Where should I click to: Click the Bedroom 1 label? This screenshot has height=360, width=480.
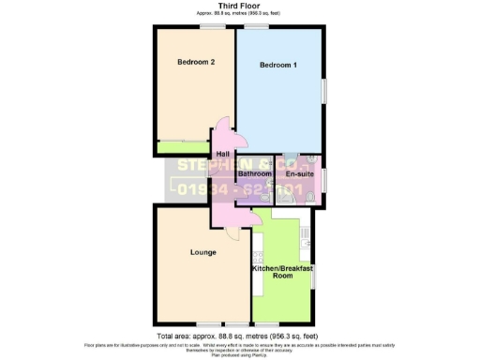coord(278,65)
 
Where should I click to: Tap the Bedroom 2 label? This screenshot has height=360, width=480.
coord(197,63)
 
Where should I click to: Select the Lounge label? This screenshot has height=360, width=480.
coord(203,252)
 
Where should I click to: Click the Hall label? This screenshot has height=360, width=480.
coord(223,155)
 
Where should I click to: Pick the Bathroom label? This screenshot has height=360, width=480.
coord(254,173)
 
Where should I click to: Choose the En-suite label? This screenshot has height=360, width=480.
coord(299,173)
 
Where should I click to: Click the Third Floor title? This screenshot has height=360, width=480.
coord(239,6)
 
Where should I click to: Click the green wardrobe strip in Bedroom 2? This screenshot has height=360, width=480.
coord(184,146)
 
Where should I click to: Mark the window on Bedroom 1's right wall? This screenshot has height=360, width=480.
coord(324,90)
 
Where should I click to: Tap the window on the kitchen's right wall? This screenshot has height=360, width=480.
coord(312,275)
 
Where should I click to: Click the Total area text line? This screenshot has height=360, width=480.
coord(239,335)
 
